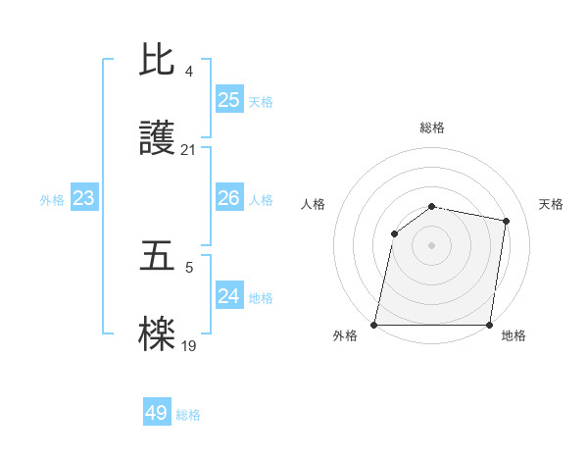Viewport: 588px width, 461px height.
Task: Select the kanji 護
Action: (x=158, y=140)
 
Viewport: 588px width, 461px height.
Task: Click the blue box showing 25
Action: (x=229, y=99)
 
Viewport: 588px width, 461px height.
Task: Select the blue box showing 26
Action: (x=229, y=198)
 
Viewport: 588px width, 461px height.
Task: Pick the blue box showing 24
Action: (x=229, y=296)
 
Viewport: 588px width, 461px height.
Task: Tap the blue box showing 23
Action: (x=84, y=198)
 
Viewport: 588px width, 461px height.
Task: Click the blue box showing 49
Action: (x=157, y=413)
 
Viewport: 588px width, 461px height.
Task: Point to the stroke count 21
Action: (x=189, y=150)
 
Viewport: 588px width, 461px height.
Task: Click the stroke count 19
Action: (x=189, y=345)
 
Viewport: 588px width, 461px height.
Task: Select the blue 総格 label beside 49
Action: (x=188, y=415)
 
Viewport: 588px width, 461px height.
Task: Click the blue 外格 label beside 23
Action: (x=52, y=200)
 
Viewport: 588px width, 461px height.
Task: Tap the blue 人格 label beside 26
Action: (x=261, y=200)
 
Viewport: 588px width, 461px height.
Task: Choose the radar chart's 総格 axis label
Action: (x=432, y=128)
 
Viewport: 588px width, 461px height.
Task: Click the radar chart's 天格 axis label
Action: (x=552, y=204)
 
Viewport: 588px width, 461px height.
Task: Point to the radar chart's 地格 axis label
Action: (x=514, y=335)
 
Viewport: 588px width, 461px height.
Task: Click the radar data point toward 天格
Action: (x=507, y=222)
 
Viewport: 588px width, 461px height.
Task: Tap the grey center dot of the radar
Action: (x=432, y=245)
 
